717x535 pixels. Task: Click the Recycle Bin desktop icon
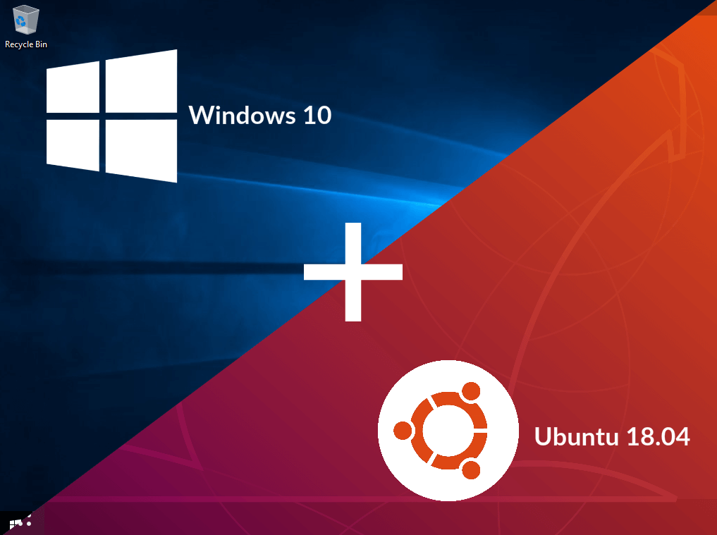coord(26,19)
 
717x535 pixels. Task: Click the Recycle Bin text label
coord(26,44)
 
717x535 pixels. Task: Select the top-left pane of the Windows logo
coord(73,87)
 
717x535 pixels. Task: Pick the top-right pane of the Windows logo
coord(140,81)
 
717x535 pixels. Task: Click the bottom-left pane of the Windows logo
coord(73,144)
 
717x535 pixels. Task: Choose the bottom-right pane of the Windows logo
coord(140,149)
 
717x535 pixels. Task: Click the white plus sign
coord(353,271)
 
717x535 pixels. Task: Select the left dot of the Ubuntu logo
coord(402,431)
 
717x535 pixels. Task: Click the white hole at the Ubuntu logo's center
coord(448,431)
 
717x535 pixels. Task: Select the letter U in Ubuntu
coord(543,436)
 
